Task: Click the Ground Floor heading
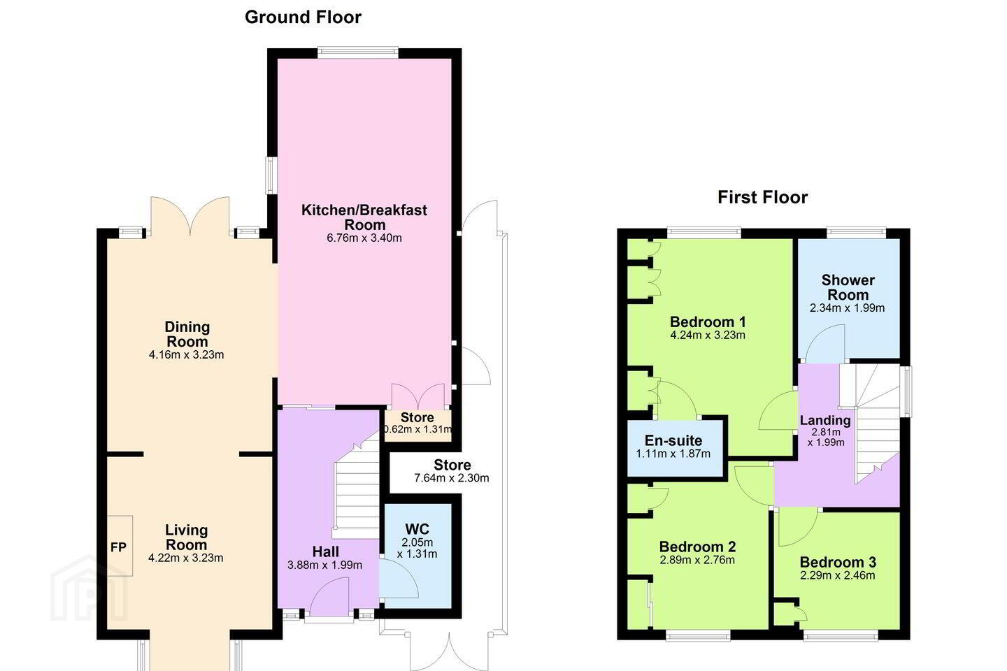(303, 17)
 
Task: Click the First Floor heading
(762, 197)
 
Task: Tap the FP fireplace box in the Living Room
(120, 546)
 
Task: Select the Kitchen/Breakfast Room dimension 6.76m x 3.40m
(364, 238)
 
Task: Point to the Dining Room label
(187, 334)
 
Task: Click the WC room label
(417, 529)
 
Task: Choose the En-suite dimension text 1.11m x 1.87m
(673, 454)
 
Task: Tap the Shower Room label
(848, 288)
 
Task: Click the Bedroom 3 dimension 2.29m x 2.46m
(838, 576)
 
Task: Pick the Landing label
(825, 420)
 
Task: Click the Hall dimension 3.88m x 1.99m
(324, 565)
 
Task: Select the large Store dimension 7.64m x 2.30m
(451, 478)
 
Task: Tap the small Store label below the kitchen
(417, 417)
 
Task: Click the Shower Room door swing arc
(824, 343)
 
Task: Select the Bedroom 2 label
(697, 547)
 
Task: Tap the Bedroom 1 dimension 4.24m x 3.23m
(708, 335)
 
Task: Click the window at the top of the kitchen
(358, 52)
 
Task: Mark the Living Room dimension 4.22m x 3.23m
(186, 558)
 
